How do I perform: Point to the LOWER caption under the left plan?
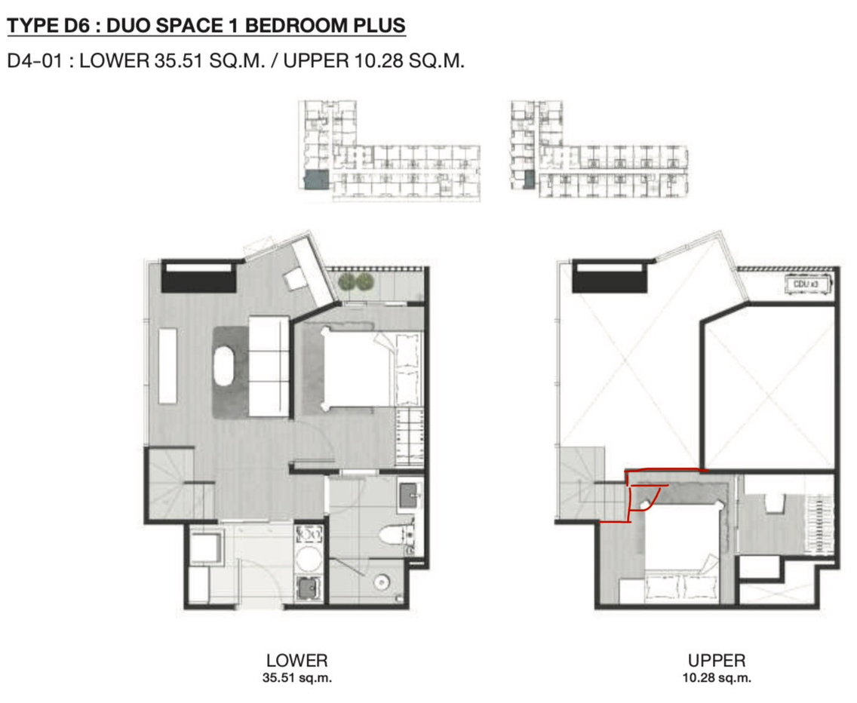(x=296, y=660)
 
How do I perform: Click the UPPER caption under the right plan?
(x=717, y=660)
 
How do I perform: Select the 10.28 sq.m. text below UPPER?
(x=717, y=678)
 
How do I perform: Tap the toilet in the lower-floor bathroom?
(x=398, y=536)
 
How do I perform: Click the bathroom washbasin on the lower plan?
(x=410, y=496)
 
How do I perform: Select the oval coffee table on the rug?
(x=223, y=366)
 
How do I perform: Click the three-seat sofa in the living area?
(x=269, y=367)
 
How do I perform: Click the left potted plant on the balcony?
(x=346, y=283)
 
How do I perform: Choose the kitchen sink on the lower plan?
(x=309, y=589)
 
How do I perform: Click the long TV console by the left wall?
(x=167, y=366)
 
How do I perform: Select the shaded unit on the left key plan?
(x=316, y=180)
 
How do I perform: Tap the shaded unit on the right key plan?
(x=529, y=180)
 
